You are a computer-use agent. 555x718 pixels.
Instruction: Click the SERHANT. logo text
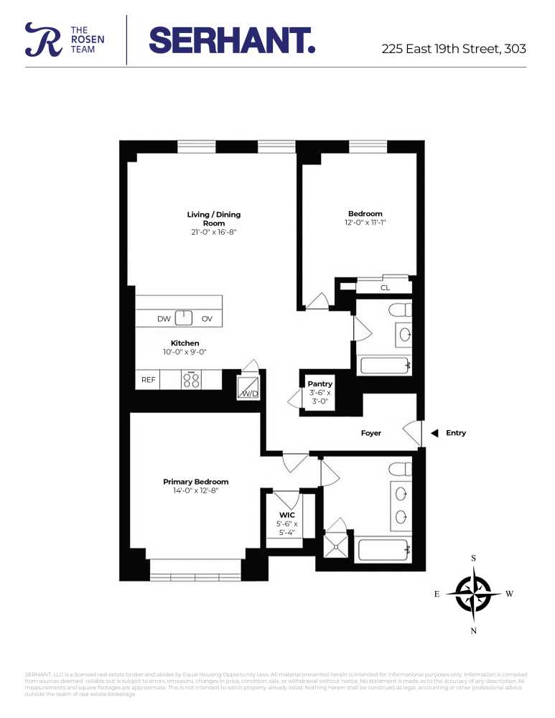(x=231, y=40)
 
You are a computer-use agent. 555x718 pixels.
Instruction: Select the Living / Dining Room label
(x=213, y=218)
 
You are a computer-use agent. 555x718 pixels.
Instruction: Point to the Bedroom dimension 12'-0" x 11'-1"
(x=366, y=223)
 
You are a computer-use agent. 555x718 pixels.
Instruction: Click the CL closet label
(x=385, y=288)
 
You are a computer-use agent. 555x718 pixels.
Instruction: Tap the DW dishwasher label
(x=164, y=319)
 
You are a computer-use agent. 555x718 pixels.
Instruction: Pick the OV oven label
(x=207, y=319)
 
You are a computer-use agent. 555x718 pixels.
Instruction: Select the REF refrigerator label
(x=148, y=380)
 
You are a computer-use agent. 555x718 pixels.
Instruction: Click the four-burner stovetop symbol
(x=192, y=380)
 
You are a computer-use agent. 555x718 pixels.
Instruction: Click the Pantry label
(x=320, y=384)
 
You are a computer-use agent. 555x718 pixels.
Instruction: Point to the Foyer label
(x=370, y=433)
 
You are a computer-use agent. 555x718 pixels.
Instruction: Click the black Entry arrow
(x=434, y=433)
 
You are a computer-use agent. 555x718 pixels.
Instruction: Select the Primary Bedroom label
(x=195, y=482)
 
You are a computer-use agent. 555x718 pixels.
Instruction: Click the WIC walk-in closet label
(x=288, y=515)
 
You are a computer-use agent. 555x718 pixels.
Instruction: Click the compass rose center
(x=473, y=594)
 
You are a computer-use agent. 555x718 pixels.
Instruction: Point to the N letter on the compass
(x=473, y=630)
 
